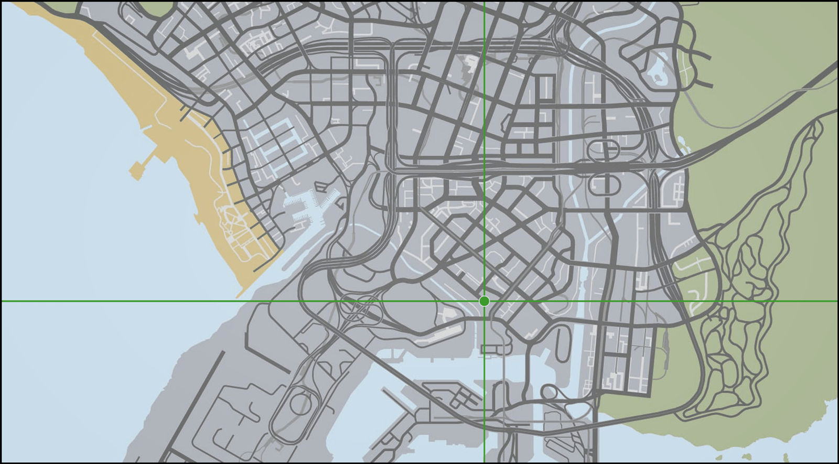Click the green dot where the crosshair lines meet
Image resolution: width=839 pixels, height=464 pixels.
coord(484,301)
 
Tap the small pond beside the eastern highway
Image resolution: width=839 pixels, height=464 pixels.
coord(682,141)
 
